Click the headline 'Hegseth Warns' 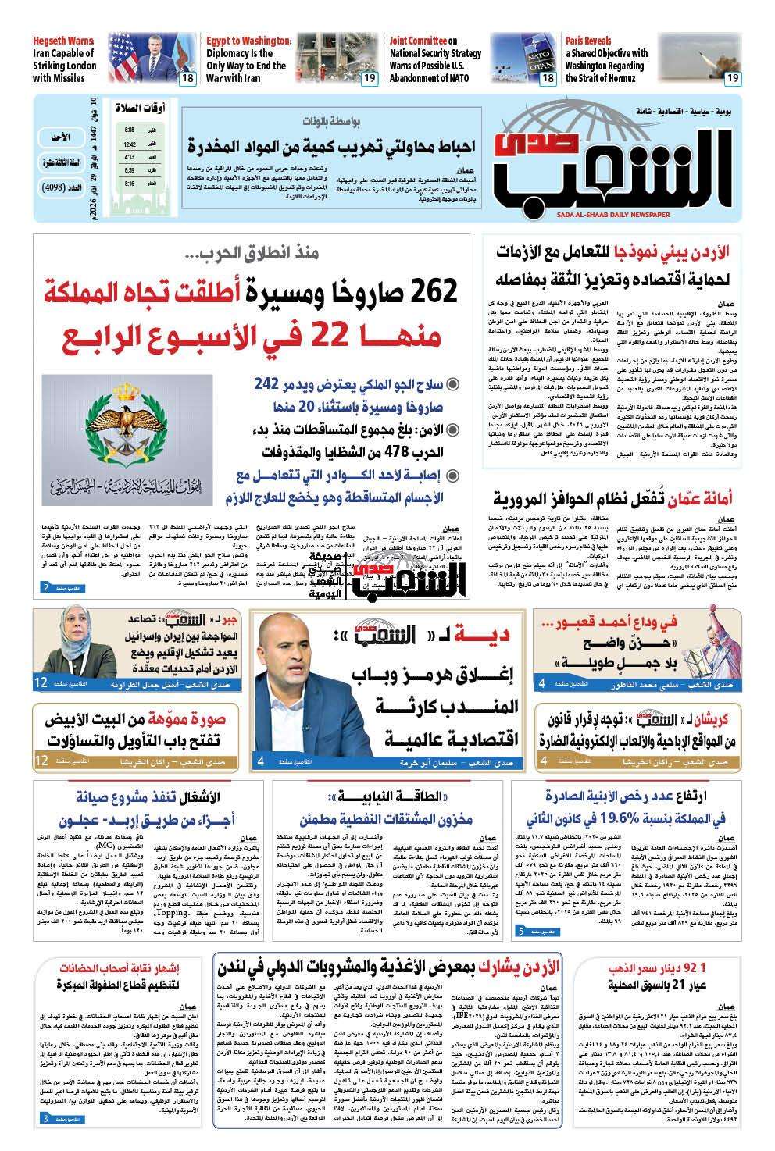(x=62, y=41)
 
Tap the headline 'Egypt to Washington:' (x=249, y=41)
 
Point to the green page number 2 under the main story (x=45, y=586)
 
